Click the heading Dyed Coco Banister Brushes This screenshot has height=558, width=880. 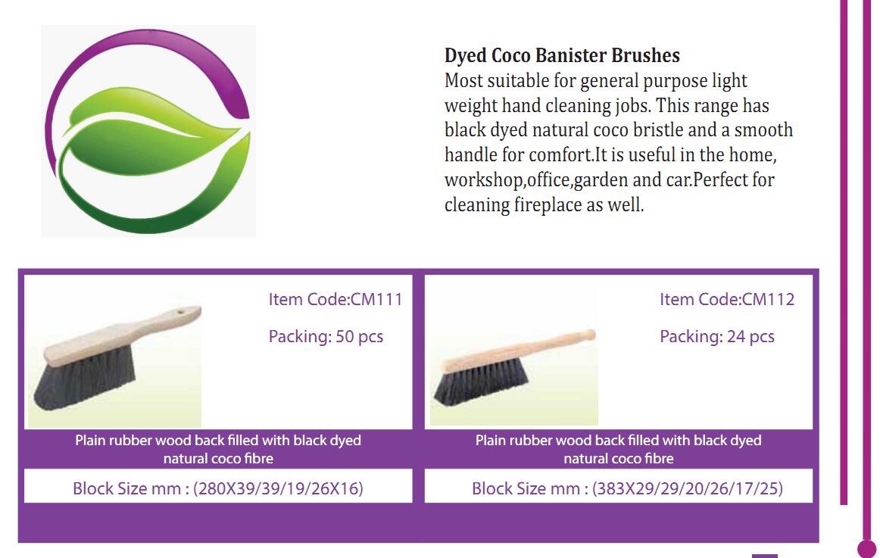[562, 55]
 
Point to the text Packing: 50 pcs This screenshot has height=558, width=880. [326, 336]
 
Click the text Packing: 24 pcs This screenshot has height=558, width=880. [716, 336]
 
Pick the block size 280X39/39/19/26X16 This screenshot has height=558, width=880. [279, 488]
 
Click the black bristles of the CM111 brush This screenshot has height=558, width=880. [84, 379]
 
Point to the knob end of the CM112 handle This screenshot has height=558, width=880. [588, 335]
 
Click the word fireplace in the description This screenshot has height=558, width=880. [548, 204]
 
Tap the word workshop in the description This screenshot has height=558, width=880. [483, 180]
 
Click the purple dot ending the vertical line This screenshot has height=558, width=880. [867, 549]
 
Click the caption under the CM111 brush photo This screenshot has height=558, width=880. [218, 449]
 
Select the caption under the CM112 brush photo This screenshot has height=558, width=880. [619, 449]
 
